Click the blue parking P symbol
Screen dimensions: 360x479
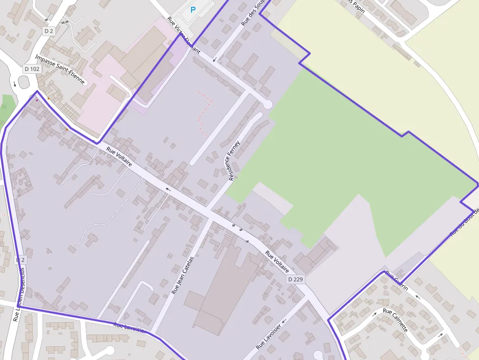(x=193, y=9)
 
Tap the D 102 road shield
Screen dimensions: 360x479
(x=32, y=69)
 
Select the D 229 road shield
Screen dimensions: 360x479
(x=295, y=279)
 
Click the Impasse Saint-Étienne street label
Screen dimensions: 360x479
(x=60, y=69)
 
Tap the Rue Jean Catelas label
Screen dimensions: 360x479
(x=182, y=275)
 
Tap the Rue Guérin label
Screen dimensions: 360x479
(x=396, y=280)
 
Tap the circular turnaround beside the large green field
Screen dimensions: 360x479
(x=267, y=104)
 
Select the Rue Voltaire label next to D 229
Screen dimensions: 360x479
(x=277, y=261)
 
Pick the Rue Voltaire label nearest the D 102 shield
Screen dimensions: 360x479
(x=119, y=157)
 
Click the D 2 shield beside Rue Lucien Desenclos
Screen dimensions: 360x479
(x=20, y=260)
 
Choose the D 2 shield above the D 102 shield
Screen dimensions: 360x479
(x=48, y=31)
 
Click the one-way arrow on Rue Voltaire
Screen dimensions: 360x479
(x=168, y=188)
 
